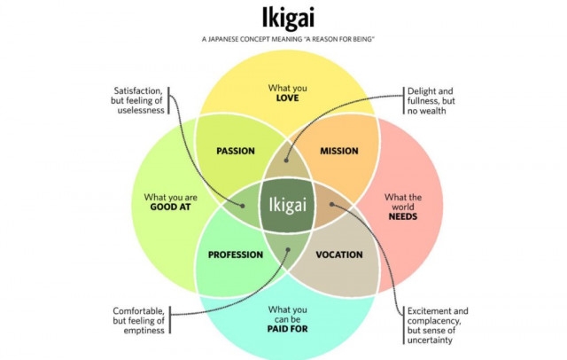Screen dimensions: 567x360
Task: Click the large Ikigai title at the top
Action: [288, 18]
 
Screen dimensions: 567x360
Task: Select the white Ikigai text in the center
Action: [287, 205]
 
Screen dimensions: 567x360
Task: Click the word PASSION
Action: [236, 151]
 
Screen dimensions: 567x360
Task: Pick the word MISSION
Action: [339, 151]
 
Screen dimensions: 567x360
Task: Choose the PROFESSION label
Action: [236, 254]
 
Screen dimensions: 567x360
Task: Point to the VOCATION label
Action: [339, 254]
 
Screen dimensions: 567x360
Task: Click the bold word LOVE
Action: [287, 98]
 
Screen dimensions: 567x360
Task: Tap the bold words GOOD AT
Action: [170, 207]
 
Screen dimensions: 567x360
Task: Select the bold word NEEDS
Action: [403, 216]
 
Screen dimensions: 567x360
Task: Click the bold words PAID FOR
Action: [287, 329]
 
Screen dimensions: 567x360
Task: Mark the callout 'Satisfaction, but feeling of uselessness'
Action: [137, 100]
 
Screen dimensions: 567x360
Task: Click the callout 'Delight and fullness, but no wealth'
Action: [431, 101]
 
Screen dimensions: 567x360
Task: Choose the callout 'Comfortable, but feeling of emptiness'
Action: [138, 321]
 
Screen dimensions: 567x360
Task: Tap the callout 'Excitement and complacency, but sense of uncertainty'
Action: [438, 325]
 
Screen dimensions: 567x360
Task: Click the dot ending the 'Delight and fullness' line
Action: [286, 160]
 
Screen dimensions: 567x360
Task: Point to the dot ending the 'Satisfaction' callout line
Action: [243, 206]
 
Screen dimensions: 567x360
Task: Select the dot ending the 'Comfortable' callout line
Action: [288, 250]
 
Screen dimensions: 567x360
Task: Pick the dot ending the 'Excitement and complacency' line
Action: [331, 205]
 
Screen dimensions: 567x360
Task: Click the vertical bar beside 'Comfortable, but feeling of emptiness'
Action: [169, 320]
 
